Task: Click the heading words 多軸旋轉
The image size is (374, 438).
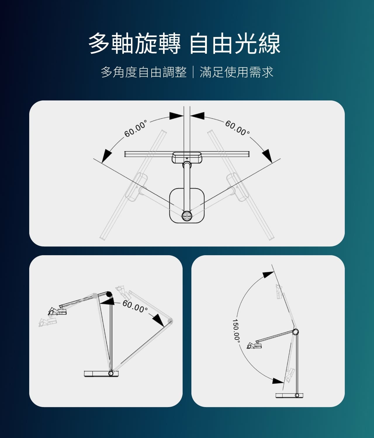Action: point(135,44)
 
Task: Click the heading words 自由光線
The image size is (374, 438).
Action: point(235,44)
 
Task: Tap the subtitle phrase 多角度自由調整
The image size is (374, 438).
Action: point(144,72)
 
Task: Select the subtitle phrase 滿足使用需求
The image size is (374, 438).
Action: point(236,72)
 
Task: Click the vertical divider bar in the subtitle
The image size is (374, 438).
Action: point(193,72)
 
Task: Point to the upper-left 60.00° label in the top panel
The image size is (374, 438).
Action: point(136,128)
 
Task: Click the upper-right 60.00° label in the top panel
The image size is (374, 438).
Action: point(238,128)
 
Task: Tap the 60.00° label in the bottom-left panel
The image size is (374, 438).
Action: point(135,307)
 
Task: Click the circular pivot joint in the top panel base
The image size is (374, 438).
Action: point(187,216)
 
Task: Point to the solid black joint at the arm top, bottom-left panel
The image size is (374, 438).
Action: point(109,294)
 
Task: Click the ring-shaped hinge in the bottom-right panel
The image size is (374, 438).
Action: point(295,332)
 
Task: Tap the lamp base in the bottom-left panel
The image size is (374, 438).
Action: point(101,373)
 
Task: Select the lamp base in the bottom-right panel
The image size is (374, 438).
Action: point(289,395)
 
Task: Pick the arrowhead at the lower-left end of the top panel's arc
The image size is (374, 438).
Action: point(107,156)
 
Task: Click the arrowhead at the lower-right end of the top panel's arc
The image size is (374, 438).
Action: point(267,156)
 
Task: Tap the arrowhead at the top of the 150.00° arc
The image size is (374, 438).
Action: point(268,274)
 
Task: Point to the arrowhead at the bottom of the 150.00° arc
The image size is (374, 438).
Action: point(278,381)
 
